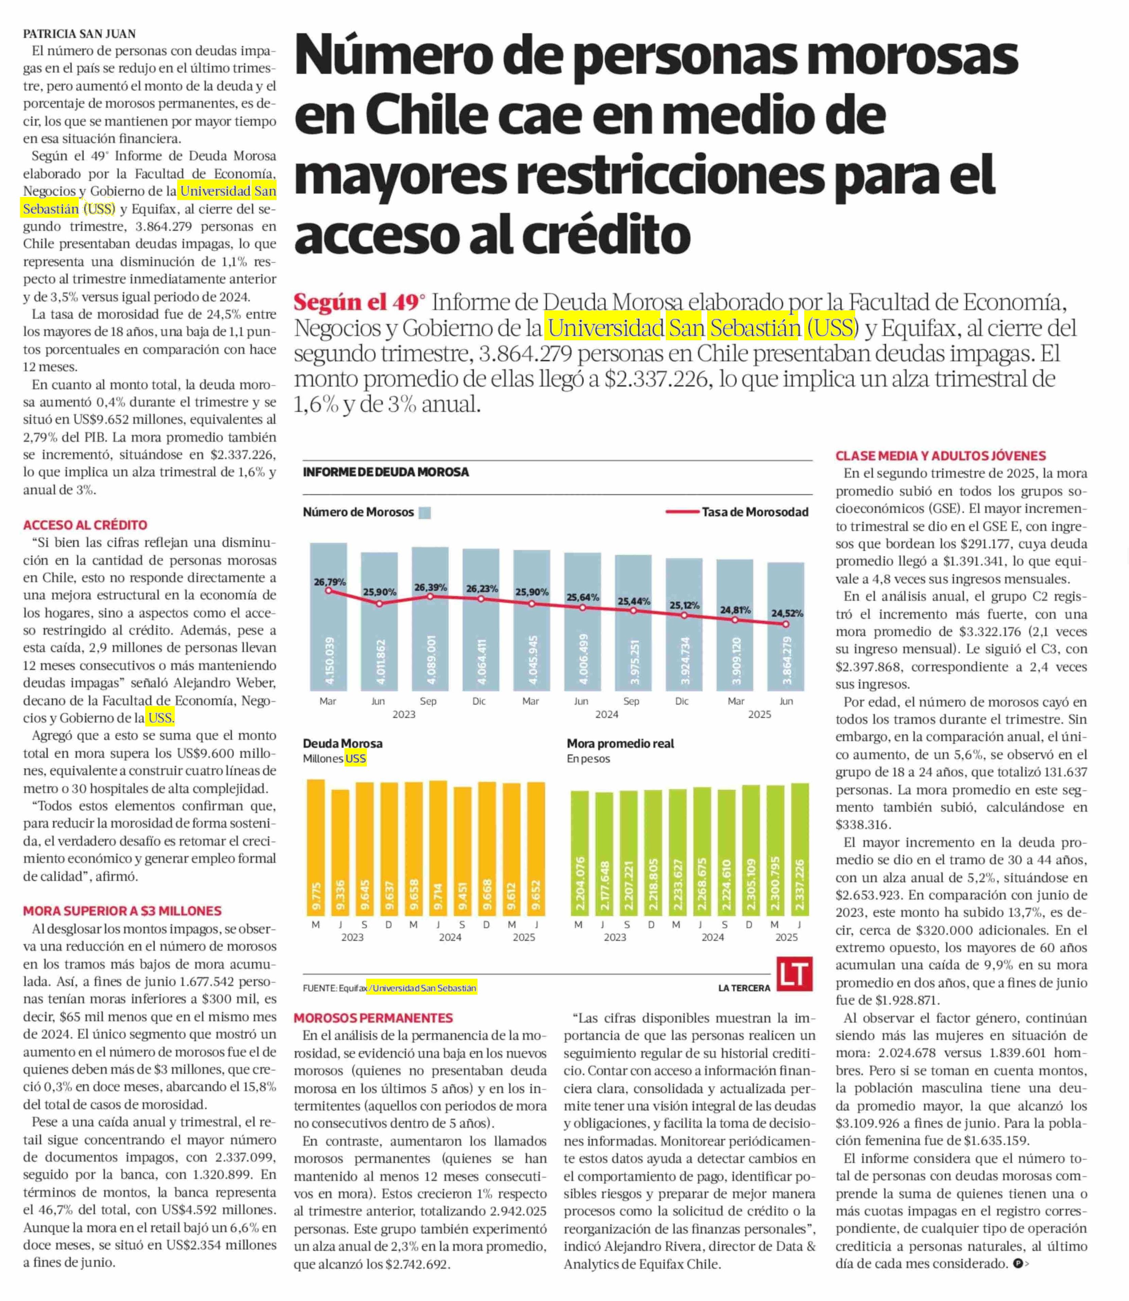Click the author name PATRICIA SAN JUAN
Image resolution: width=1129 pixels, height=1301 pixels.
79,33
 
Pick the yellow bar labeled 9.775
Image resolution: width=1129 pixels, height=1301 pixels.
316,848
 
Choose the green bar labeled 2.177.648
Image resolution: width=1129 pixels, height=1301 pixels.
604,854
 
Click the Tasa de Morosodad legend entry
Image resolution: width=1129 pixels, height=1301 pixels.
737,512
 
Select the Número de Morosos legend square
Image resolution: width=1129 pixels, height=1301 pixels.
425,512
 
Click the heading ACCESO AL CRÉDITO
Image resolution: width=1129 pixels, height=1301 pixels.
85,525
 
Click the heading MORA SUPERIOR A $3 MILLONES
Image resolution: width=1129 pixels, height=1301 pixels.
122,911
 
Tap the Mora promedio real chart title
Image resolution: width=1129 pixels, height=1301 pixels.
621,743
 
